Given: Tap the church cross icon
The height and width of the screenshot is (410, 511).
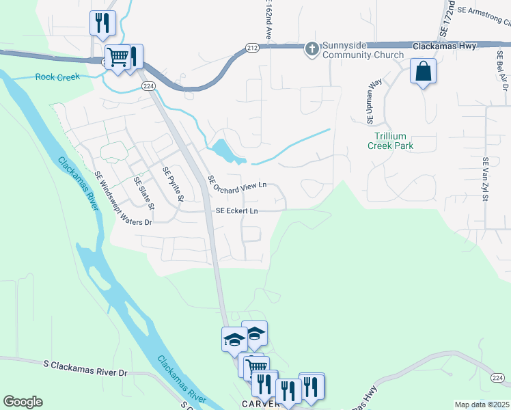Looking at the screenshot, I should pos(312,48).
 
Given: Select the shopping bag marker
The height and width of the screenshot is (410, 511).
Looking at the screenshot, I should pos(423,70).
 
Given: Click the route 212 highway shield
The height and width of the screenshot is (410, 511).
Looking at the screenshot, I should pos(251,47).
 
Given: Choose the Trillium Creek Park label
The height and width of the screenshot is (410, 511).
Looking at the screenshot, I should pos(391,140).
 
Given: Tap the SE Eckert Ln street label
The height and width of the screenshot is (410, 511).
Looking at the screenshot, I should pos(236,211).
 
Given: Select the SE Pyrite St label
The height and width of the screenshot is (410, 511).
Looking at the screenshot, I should pos(173,185).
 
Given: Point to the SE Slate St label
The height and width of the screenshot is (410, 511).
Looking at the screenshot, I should pos(145,193).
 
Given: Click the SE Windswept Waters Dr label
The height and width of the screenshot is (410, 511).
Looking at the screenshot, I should pos(123,197).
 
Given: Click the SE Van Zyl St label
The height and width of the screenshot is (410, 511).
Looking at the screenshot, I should pos(486,180).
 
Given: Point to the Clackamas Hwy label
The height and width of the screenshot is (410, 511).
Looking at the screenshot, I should pos(447,46).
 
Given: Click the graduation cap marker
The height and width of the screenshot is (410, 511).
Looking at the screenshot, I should pos(233,339).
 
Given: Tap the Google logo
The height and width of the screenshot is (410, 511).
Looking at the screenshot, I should pos(23,402).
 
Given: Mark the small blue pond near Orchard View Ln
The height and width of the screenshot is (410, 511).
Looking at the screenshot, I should pos(225,150).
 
